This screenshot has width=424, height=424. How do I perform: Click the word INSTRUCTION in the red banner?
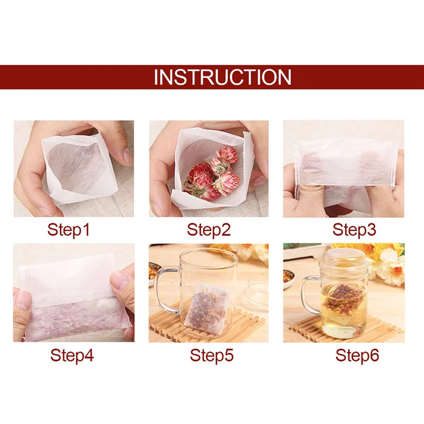coord(222,77)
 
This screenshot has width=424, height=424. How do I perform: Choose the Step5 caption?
coord(211,355)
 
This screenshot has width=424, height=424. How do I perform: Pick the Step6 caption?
coord(356,355)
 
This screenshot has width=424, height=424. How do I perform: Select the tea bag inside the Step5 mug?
coord(210,310)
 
